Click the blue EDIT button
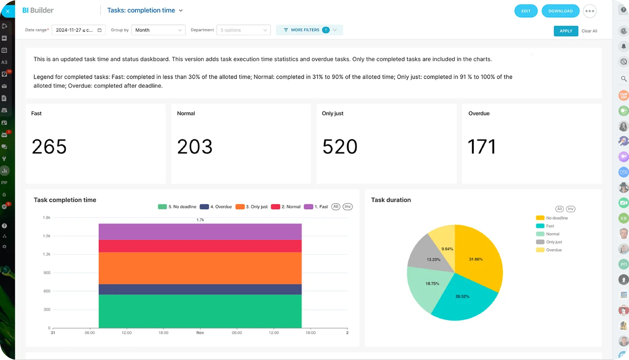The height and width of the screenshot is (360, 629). pyautogui.click(x=526, y=11)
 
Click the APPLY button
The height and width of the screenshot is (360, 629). pyautogui.click(x=566, y=31)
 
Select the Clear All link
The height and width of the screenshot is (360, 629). pyautogui.click(x=589, y=31)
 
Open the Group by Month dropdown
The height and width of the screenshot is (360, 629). pyautogui.click(x=158, y=30)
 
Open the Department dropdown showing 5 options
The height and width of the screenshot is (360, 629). pyautogui.click(x=243, y=30)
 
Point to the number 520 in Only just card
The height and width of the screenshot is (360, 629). pyautogui.click(x=340, y=147)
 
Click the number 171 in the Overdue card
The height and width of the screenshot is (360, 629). pyautogui.click(x=481, y=147)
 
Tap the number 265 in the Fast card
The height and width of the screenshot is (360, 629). pyautogui.click(x=49, y=147)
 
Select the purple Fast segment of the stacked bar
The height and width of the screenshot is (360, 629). pyautogui.click(x=200, y=232)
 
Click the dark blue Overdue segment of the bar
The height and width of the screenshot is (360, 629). pyautogui.click(x=200, y=289)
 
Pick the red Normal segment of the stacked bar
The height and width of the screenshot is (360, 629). pyautogui.click(x=200, y=246)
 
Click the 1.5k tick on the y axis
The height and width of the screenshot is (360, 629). pyautogui.click(x=47, y=236)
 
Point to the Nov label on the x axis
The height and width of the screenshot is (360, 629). pyautogui.click(x=200, y=333)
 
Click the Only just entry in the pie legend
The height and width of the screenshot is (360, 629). pyautogui.click(x=554, y=242)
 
